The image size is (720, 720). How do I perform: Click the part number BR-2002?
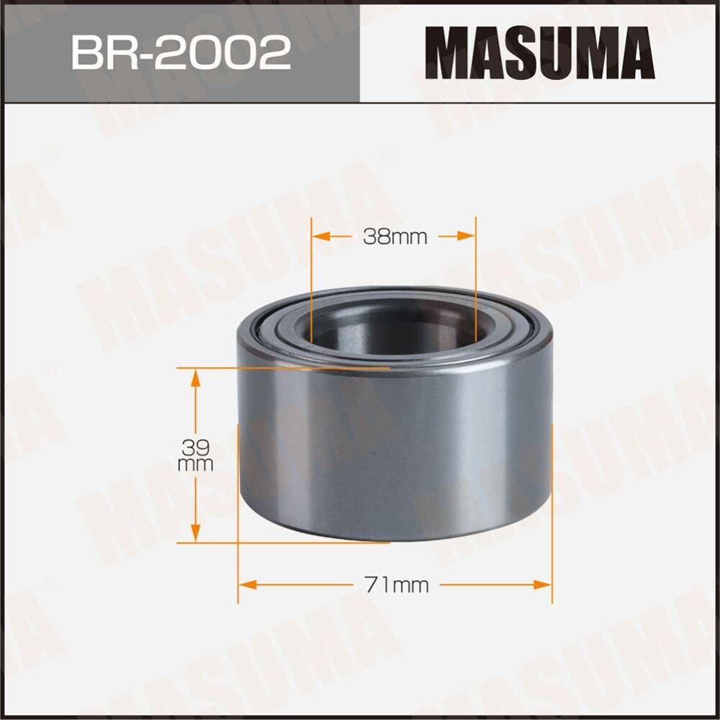(x=180, y=53)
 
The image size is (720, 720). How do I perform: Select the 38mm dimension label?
(x=395, y=236)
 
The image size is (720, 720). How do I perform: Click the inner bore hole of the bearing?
(x=393, y=328)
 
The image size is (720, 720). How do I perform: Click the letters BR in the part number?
(x=97, y=53)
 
